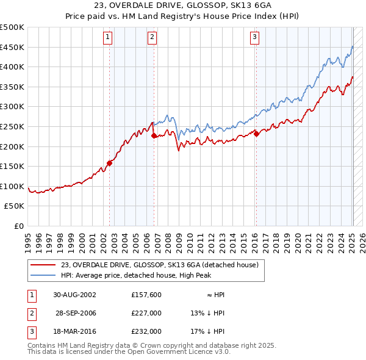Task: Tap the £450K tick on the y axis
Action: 12,47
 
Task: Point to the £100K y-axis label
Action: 12,186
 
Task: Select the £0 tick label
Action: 19,226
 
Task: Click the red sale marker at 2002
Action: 110,163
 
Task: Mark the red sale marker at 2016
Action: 257,134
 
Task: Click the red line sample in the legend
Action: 43,265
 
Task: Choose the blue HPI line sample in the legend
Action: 43,275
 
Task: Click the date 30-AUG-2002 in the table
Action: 75,295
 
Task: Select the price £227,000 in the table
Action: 146,313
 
